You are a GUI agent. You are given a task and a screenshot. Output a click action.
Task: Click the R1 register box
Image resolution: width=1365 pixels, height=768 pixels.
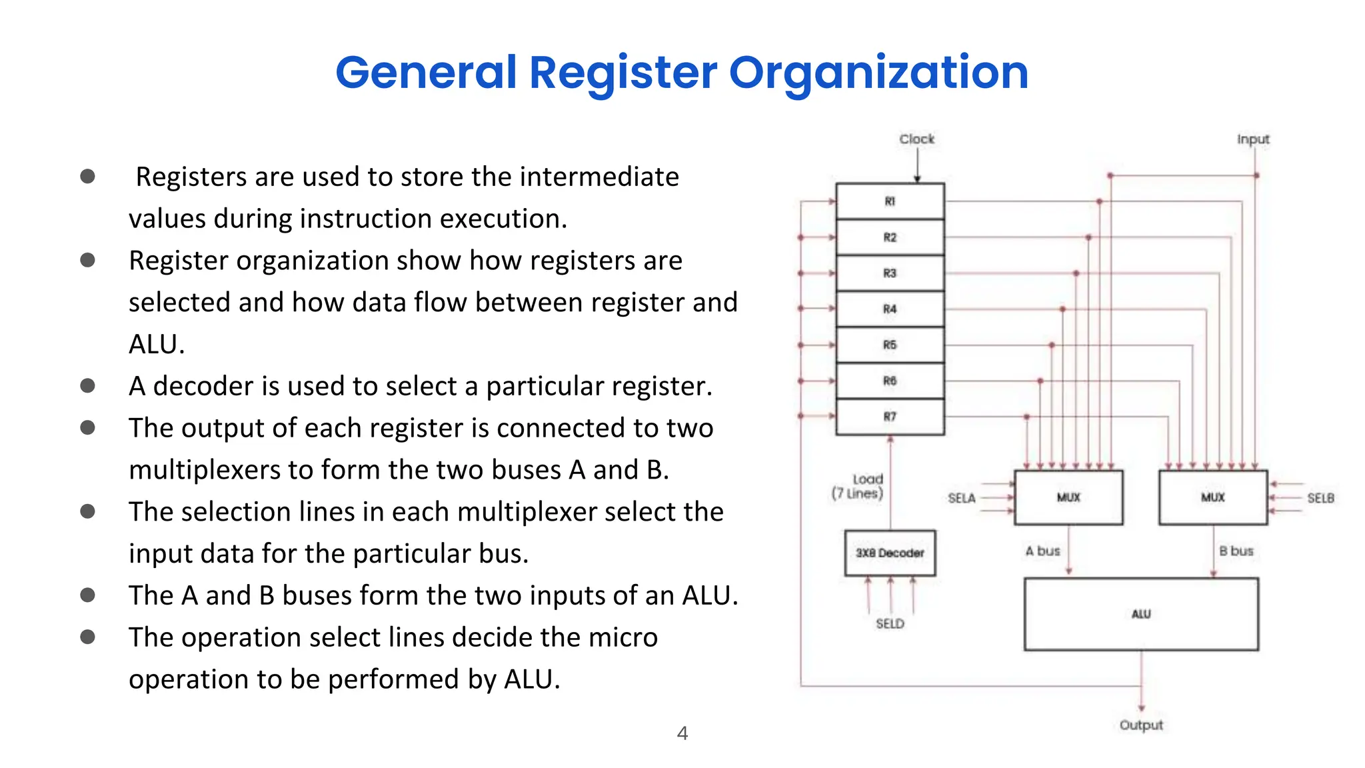pos(890,201)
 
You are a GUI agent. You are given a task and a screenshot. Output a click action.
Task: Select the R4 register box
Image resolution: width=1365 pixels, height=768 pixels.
pos(890,309)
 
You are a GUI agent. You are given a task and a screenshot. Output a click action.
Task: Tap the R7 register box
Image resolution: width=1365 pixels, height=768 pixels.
pos(890,417)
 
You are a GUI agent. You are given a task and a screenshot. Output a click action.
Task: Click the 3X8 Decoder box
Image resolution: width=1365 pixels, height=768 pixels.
pos(890,553)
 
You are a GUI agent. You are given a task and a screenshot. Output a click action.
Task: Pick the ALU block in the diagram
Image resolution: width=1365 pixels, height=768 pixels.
pos(1141,614)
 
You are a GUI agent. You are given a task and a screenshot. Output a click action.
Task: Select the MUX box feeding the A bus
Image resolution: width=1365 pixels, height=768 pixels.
pos(1068,497)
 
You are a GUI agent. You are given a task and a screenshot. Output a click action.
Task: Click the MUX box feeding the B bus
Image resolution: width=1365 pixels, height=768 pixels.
pos(1213,497)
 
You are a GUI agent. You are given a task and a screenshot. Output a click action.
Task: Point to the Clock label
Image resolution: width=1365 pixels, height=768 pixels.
pos(916,139)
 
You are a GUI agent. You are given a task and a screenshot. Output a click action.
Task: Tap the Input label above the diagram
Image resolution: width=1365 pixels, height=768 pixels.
pos(1253,139)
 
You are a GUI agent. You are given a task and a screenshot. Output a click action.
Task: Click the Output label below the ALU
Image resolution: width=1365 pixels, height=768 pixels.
pos(1141,725)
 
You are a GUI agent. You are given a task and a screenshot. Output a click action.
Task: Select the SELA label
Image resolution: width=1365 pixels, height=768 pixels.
pos(961,498)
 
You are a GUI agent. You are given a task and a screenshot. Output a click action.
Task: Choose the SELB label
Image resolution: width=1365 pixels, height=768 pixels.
pos(1320,498)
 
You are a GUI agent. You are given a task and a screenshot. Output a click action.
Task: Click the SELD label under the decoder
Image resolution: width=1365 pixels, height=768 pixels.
pos(890,623)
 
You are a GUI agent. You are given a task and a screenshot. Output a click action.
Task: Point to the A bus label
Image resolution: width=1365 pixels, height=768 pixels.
pos(1042,551)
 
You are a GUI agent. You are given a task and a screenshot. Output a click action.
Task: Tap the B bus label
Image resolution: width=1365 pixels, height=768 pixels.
pos(1236,551)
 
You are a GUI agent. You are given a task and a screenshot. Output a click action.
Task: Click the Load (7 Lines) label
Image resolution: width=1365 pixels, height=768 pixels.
pos(858,487)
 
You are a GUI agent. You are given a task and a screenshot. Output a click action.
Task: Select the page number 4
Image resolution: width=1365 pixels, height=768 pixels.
pos(682,733)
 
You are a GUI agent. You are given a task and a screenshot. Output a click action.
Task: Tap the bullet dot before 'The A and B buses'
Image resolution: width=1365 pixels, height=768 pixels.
pos(87,595)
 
